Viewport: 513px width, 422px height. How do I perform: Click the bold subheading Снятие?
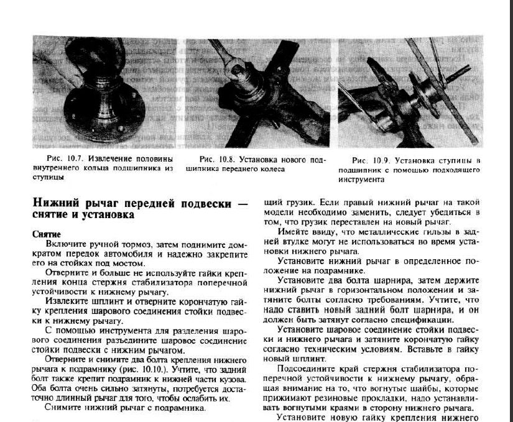coord(46,234)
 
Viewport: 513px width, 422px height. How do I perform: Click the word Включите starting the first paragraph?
coord(64,245)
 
